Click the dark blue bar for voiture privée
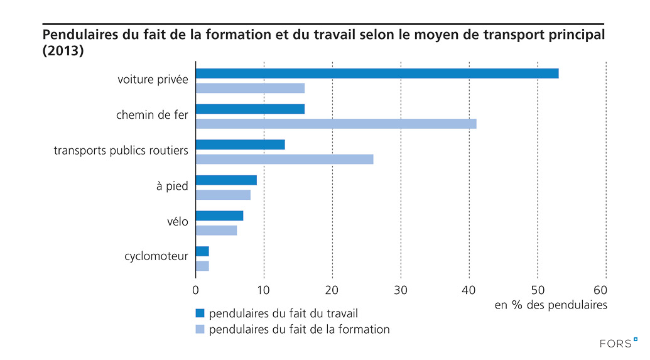377,74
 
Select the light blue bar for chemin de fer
336,124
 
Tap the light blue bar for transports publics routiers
284,159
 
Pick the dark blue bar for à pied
226,180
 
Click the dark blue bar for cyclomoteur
202,251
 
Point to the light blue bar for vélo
216,230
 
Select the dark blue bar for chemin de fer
250,109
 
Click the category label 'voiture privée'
153,80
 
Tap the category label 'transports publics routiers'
121,151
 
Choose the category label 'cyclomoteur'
156,256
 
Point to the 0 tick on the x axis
196,290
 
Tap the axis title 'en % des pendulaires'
551,305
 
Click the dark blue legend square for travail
200,313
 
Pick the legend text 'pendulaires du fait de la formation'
299,329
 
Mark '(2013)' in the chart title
62,51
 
